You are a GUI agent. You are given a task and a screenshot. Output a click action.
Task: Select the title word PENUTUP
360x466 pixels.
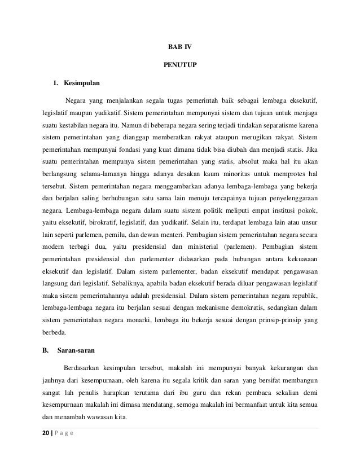point(180,65)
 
